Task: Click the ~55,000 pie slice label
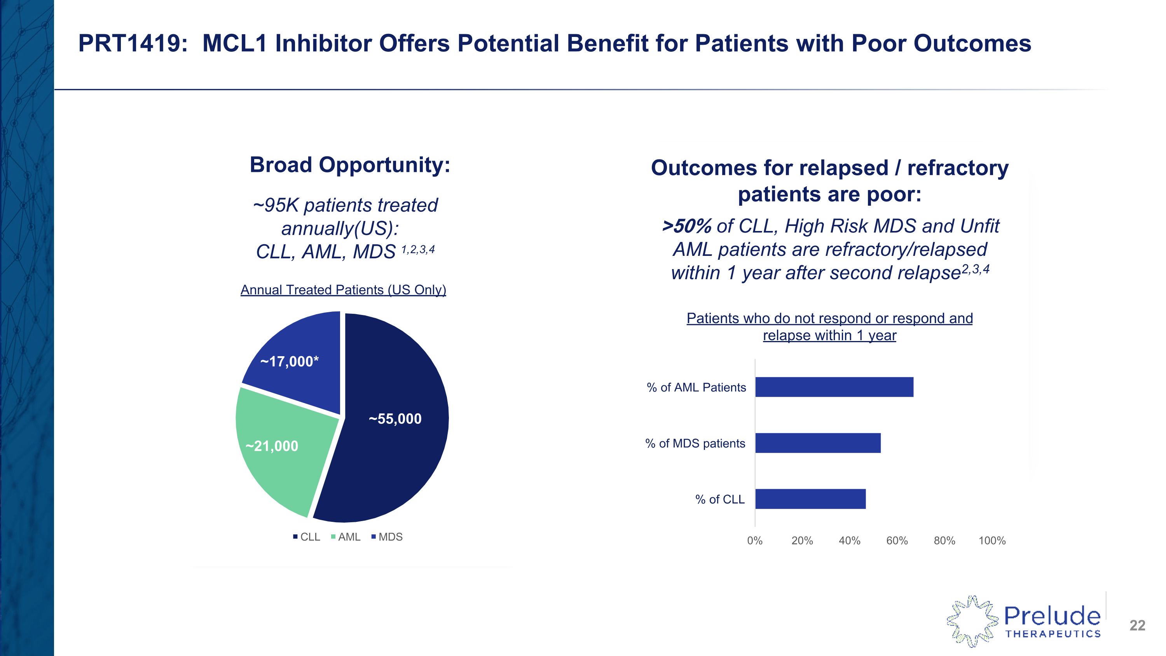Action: coord(395,419)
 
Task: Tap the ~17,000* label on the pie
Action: coord(289,361)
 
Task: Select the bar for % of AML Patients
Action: coord(834,387)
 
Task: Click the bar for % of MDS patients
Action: coord(817,443)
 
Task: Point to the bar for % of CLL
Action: coord(810,499)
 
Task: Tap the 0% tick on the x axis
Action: coord(754,541)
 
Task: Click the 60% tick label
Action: coord(897,541)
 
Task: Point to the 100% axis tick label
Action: coord(992,541)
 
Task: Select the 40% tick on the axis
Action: coord(849,541)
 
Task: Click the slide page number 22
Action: coord(1137,625)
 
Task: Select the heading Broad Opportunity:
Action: coord(350,165)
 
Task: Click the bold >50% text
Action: coord(686,226)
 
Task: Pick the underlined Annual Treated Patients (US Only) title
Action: coord(343,290)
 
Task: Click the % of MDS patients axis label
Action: coord(695,443)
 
